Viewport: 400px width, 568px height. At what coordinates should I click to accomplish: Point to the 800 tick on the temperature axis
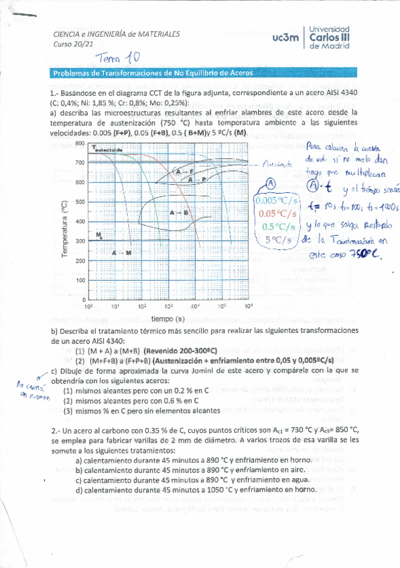(x=79, y=143)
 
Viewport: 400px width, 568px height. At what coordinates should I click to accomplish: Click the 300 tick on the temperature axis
(x=79, y=240)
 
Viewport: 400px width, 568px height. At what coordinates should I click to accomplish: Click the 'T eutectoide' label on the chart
(x=108, y=150)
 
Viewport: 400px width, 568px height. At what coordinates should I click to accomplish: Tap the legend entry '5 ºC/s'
(x=277, y=239)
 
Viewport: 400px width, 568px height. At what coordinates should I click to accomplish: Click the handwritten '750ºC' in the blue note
(x=363, y=253)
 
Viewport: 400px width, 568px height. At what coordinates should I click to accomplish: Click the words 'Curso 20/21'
(x=70, y=45)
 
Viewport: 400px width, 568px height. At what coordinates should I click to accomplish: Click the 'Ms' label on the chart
(x=99, y=234)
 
